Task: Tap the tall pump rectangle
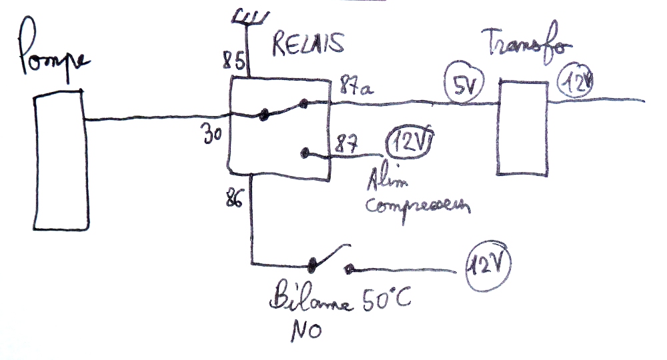click(x=61, y=161)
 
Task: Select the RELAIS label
click(x=309, y=44)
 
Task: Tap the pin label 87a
click(x=354, y=86)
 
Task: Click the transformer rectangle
click(x=524, y=128)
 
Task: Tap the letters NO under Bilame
click(x=305, y=331)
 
